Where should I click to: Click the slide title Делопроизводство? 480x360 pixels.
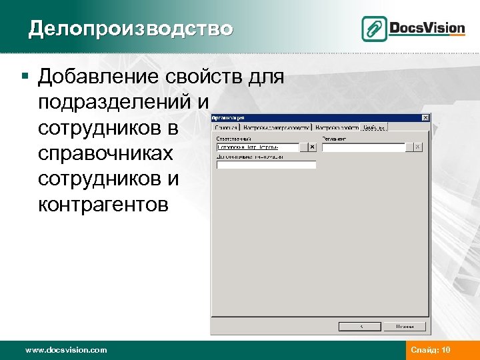[131, 29]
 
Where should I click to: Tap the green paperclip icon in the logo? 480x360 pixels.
[374, 29]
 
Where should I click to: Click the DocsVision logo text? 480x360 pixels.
[427, 28]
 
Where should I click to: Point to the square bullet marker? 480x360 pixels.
[24, 77]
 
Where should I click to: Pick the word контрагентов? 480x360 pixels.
[103, 204]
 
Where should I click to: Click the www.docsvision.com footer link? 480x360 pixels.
[65, 350]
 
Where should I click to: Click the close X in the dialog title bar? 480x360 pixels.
[425, 118]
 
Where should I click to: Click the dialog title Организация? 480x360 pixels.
[228, 118]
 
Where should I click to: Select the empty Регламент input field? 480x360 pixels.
[364, 148]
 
